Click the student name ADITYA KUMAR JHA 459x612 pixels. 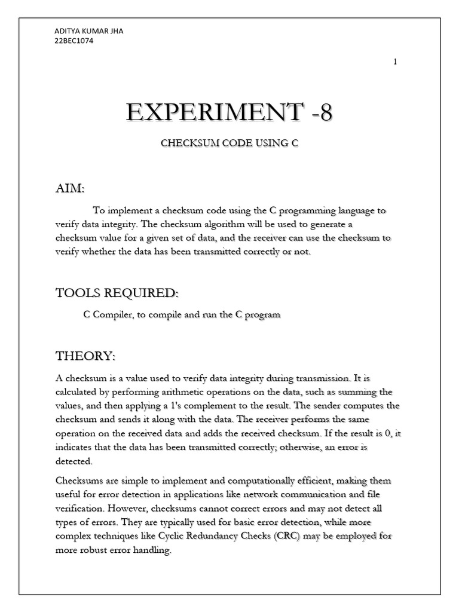(x=89, y=31)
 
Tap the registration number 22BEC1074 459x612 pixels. (x=74, y=41)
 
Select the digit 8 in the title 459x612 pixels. (x=325, y=112)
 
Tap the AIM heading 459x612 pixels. (x=70, y=189)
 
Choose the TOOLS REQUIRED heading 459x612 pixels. (x=117, y=293)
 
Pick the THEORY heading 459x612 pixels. (x=85, y=356)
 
